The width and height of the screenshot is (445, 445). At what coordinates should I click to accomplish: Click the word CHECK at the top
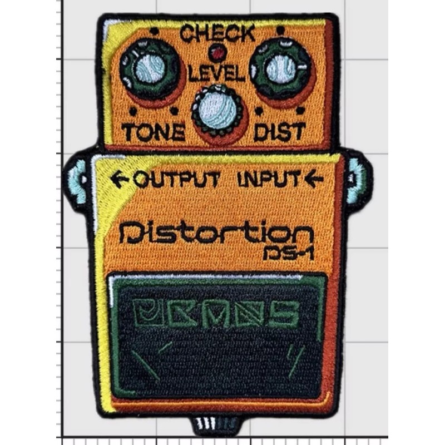coord(217,34)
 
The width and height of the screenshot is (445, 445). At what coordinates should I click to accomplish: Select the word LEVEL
coord(217,73)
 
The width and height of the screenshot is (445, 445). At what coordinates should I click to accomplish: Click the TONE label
coord(153,132)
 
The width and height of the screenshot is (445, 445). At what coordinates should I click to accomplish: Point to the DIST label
coord(279,131)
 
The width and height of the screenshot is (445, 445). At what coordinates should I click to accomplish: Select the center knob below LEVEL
coord(217,110)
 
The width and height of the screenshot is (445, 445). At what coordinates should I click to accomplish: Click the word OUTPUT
coord(177,180)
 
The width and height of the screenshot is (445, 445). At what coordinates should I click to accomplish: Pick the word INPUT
coord(269,179)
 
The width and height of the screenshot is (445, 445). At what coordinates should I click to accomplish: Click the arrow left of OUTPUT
coord(118,179)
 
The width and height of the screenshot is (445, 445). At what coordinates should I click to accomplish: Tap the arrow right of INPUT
coord(314,179)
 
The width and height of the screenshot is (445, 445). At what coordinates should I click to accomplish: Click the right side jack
coord(357,179)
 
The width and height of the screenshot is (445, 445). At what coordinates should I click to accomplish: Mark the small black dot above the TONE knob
coord(150,31)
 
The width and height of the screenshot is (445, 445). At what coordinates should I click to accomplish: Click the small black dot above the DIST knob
coord(280,30)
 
